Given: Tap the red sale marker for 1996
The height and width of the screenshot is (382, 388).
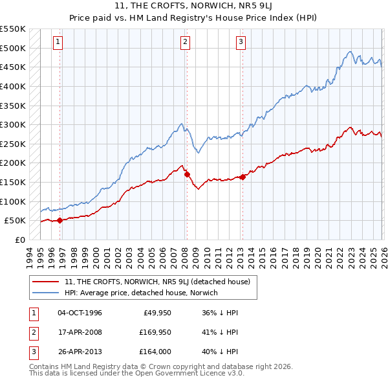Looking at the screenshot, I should coord(59,220).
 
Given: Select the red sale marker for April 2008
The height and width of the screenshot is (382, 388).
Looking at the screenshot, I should coord(187,174).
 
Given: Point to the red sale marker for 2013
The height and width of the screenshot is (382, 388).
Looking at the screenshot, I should coord(242,177).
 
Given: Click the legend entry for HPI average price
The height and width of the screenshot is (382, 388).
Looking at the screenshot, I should coord(141,293).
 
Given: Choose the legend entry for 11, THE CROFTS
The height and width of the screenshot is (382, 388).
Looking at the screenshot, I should coord(161,282).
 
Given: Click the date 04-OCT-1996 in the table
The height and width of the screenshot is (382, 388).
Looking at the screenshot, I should coord(80,313).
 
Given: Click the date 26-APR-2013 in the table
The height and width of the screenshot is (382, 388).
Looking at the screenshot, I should coord(80,353).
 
